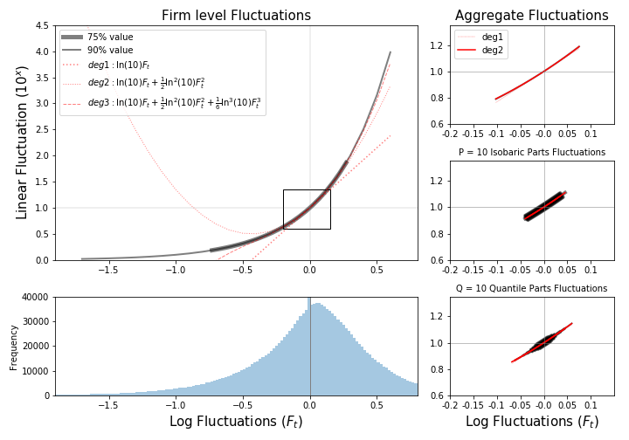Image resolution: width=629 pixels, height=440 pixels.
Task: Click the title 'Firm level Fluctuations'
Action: click(236, 16)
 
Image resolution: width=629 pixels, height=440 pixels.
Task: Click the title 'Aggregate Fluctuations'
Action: click(531, 16)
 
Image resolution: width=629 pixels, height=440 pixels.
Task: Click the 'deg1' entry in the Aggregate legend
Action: click(494, 38)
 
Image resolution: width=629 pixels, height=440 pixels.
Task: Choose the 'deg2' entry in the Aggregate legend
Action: click(494, 51)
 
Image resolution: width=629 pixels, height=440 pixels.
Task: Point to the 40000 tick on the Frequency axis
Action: click(36, 298)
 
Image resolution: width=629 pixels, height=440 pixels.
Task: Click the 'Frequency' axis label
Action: click(14, 347)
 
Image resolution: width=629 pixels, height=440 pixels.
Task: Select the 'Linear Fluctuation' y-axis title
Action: click(22, 142)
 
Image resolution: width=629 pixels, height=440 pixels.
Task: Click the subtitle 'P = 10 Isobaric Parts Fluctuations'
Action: click(531, 153)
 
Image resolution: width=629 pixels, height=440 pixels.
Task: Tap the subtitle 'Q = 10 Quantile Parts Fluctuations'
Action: click(531, 288)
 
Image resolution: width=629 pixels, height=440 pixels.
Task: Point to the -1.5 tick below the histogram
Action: click(108, 405)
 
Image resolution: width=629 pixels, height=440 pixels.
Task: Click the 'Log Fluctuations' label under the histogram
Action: click(236, 422)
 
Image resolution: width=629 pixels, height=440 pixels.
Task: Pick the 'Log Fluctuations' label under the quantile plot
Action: click(531, 422)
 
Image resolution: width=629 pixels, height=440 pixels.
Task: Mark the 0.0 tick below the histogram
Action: click(310, 405)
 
